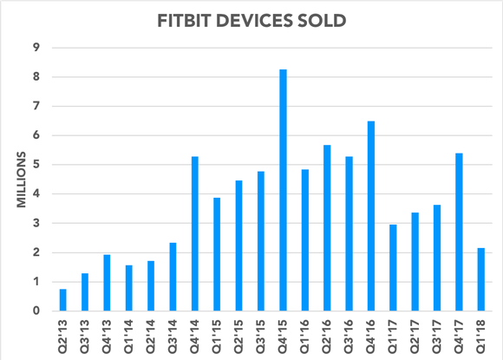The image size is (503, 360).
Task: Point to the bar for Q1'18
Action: coord(481,279)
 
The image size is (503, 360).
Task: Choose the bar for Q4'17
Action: coord(459,232)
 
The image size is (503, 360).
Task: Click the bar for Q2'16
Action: coord(327,228)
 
